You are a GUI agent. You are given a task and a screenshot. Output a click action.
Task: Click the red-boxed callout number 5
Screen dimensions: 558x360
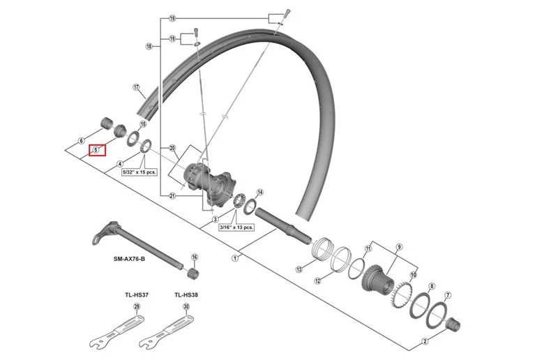point(96,150)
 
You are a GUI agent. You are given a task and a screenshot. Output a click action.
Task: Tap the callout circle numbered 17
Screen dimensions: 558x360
point(136,87)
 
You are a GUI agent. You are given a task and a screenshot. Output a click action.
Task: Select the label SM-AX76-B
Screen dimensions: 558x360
point(129,259)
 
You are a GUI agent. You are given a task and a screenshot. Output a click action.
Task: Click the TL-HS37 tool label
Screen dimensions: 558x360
point(137,295)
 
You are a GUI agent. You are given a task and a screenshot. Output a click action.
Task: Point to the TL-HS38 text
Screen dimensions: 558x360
point(186,295)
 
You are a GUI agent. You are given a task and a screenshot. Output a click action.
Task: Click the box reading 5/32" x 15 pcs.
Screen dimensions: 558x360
point(139,172)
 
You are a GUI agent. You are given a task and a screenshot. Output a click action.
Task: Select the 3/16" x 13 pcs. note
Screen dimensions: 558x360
point(236,227)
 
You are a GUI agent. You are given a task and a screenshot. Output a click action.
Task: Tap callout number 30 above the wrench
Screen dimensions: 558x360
point(186,306)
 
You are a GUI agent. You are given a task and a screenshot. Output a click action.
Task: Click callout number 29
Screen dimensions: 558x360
point(137,306)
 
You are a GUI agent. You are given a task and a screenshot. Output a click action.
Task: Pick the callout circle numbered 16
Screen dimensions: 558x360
point(195,257)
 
